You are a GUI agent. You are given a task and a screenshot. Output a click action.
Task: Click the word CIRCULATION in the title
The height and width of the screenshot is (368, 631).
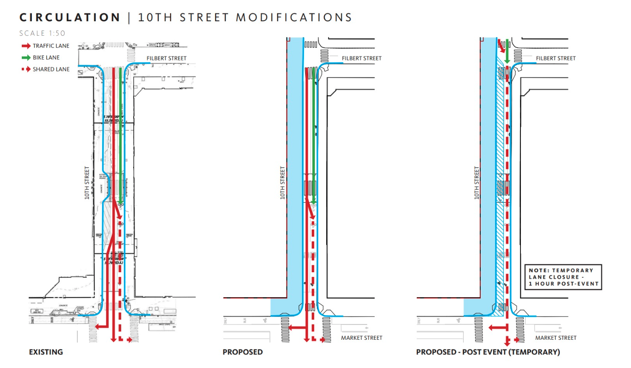click(70, 18)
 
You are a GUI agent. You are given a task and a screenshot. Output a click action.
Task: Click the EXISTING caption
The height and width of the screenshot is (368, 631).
click(46, 352)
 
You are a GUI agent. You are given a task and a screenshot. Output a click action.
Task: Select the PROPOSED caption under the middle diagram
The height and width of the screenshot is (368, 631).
click(242, 352)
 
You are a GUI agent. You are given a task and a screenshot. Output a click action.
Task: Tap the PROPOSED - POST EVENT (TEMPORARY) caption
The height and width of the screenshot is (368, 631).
click(488, 352)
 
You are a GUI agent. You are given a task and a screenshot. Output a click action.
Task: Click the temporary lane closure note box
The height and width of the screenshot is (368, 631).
click(563, 277)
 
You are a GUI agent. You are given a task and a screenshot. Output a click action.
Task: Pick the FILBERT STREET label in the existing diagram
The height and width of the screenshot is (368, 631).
click(167, 58)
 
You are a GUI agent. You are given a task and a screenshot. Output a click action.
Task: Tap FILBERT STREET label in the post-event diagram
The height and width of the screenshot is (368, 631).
click(556, 58)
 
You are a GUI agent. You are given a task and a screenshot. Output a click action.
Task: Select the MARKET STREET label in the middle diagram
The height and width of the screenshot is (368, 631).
click(362, 337)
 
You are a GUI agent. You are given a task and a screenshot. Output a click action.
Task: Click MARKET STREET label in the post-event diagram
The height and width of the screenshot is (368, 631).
click(556, 337)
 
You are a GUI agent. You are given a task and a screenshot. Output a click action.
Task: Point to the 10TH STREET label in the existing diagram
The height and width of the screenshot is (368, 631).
click(87, 183)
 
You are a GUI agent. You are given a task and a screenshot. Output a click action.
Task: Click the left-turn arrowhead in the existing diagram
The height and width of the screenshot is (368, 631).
click(95, 327)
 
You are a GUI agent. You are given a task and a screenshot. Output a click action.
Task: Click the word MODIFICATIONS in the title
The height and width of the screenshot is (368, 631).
click(294, 18)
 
